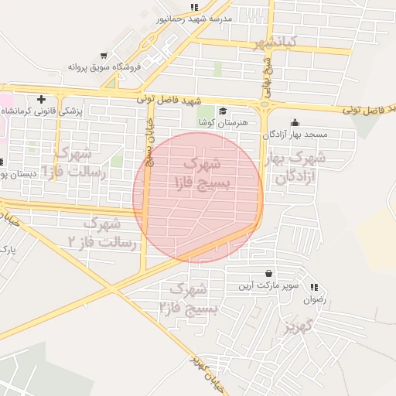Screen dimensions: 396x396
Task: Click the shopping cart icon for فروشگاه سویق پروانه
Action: pyautogui.click(x=104, y=55)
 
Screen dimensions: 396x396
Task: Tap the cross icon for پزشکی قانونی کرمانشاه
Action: pyautogui.click(x=41, y=99)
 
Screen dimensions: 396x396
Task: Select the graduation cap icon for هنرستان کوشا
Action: pyautogui.click(x=223, y=111)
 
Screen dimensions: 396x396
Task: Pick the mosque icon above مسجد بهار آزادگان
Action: pyautogui.click(x=294, y=122)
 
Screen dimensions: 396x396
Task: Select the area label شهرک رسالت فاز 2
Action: pyautogui.click(x=102, y=233)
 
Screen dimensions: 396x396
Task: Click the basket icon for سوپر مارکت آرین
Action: pyautogui.click(x=268, y=273)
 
